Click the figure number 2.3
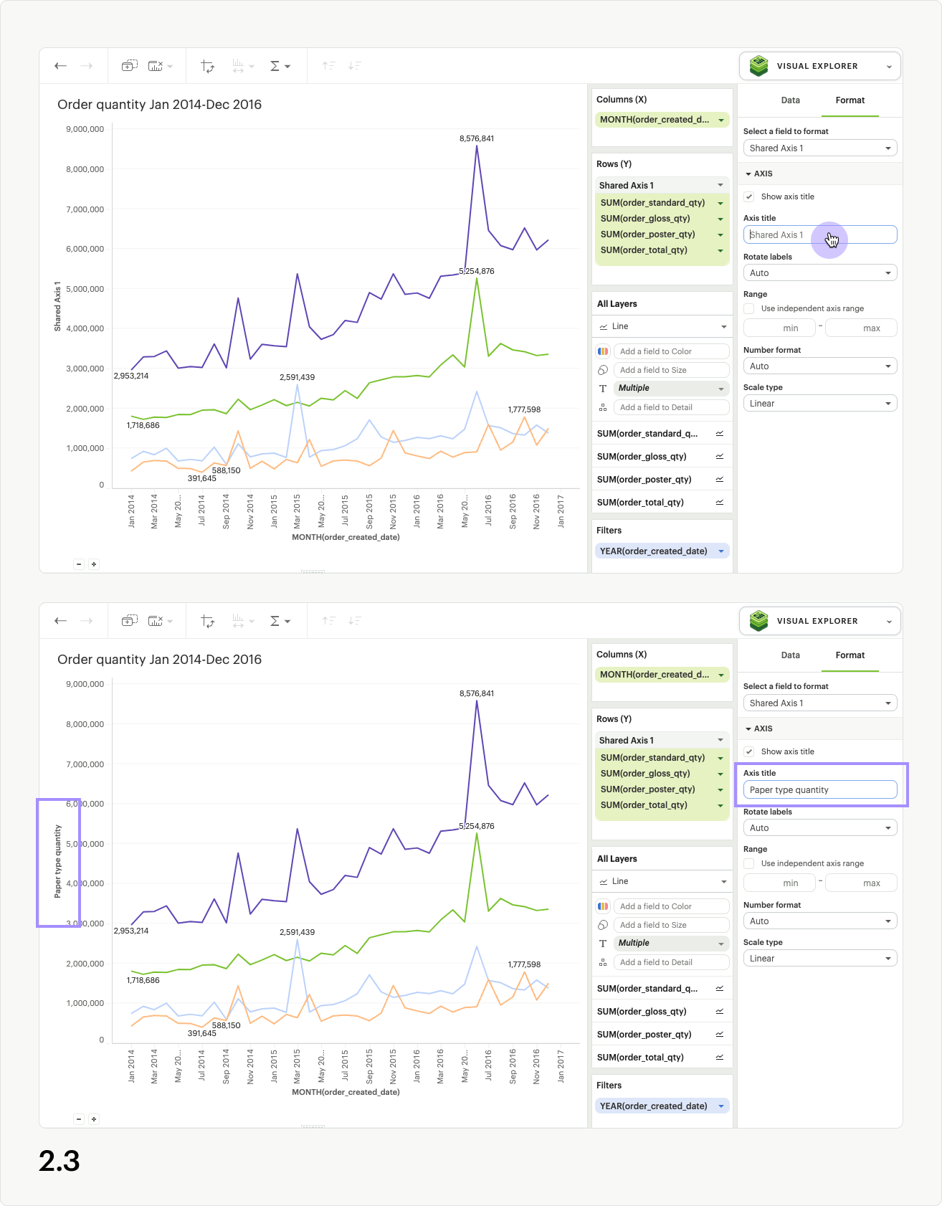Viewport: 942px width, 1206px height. pos(60,1161)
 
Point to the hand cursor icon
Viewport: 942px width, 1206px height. pos(832,239)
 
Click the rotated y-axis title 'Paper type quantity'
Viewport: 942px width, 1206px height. pos(58,861)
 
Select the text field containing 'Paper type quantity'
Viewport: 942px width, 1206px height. pos(819,789)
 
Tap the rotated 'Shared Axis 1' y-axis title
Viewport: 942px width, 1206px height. pos(58,306)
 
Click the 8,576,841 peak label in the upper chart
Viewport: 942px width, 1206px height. pos(477,138)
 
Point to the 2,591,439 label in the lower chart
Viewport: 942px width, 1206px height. pos(297,932)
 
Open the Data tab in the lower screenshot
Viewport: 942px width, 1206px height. pos(790,655)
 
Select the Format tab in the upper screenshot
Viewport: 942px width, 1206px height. pos(850,100)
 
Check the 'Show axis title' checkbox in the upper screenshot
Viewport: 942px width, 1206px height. pos(749,196)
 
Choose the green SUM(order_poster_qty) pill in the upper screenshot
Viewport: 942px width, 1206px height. pos(648,234)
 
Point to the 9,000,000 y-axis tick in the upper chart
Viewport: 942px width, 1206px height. pos(85,129)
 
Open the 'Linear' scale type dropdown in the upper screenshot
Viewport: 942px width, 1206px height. pos(819,404)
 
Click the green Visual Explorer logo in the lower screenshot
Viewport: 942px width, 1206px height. pos(758,621)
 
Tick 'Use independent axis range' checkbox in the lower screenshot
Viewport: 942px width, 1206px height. pos(749,863)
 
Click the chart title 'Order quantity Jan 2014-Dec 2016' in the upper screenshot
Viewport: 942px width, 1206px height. pos(159,105)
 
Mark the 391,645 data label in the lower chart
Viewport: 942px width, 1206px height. pos(201,1033)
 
